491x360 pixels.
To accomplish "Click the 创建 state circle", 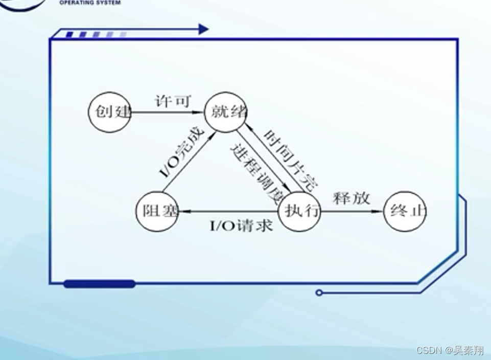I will coord(110,111).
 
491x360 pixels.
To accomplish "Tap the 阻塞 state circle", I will coord(157,211).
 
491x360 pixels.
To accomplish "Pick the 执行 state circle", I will coord(299,211).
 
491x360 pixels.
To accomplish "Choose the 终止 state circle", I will coord(405,211).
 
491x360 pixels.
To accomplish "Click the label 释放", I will coord(351,198).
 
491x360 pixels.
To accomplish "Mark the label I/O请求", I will coord(241,226).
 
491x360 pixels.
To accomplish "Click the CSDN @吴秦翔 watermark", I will coord(450,350).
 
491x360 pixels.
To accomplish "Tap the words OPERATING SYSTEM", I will coord(90,3).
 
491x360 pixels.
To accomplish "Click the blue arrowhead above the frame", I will coord(203,29).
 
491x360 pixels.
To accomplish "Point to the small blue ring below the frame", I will coord(319,292).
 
